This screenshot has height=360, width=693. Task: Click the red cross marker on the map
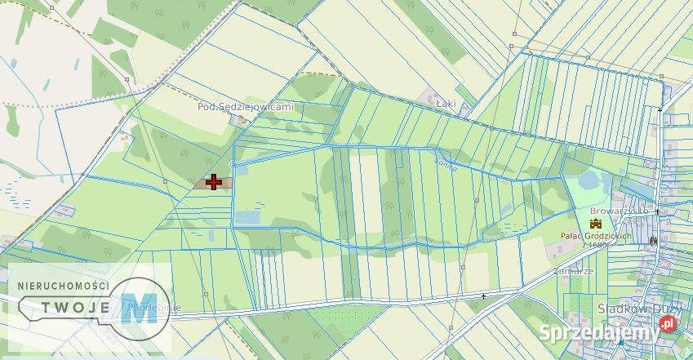click(x=214, y=181)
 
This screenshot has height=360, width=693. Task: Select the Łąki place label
click(x=445, y=104)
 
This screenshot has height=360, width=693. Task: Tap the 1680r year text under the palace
click(x=602, y=245)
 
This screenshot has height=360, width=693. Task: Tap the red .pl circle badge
click(x=668, y=325)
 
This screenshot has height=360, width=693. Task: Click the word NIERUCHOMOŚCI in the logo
click(x=59, y=285)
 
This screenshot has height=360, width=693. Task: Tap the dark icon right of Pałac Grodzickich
click(x=652, y=240)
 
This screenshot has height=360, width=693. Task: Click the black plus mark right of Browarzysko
click(x=657, y=211)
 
